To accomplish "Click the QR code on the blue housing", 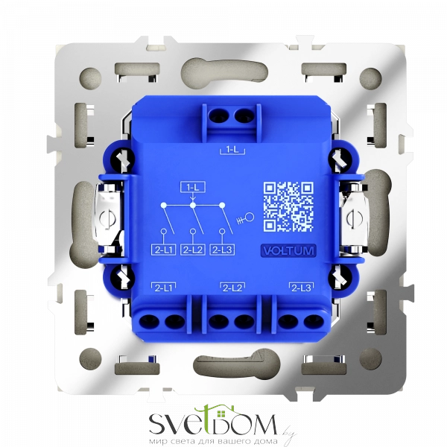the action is pyautogui.click(x=288, y=206).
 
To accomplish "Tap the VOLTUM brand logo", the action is pyautogui.click(x=288, y=251).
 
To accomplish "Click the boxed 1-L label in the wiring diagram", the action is pyautogui.click(x=193, y=187).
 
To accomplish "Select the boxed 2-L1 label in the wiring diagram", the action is pyautogui.click(x=163, y=250).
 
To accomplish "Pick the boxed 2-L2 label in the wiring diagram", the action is pyautogui.click(x=193, y=250).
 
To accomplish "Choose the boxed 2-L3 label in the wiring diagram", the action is pyautogui.click(x=222, y=250).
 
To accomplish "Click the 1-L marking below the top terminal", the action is pyautogui.click(x=232, y=150).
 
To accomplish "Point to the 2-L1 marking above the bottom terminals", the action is pyautogui.click(x=163, y=288).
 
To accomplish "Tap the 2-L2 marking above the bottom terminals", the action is pyautogui.click(x=232, y=288).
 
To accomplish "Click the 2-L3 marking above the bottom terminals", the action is pyautogui.click(x=301, y=288).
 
